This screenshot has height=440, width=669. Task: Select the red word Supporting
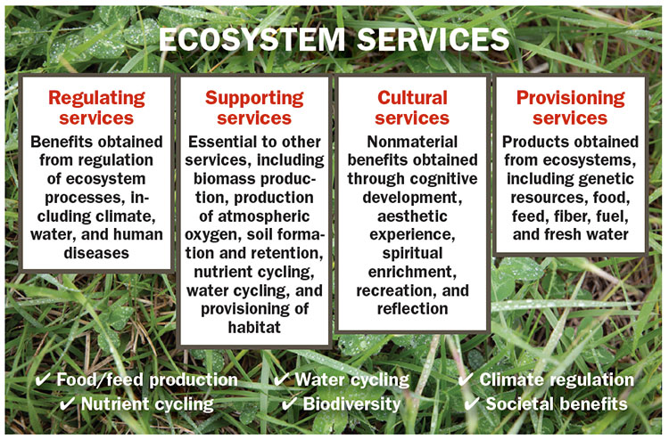point(254,98)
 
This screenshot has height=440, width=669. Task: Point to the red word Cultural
point(411,98)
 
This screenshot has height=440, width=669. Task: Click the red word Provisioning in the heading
point(570,98)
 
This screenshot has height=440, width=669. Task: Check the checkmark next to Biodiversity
point(289,403)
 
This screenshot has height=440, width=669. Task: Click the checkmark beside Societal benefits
point(473,403)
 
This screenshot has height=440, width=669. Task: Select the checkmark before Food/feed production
point(42,379)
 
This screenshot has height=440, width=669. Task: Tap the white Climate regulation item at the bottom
point(556,379)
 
